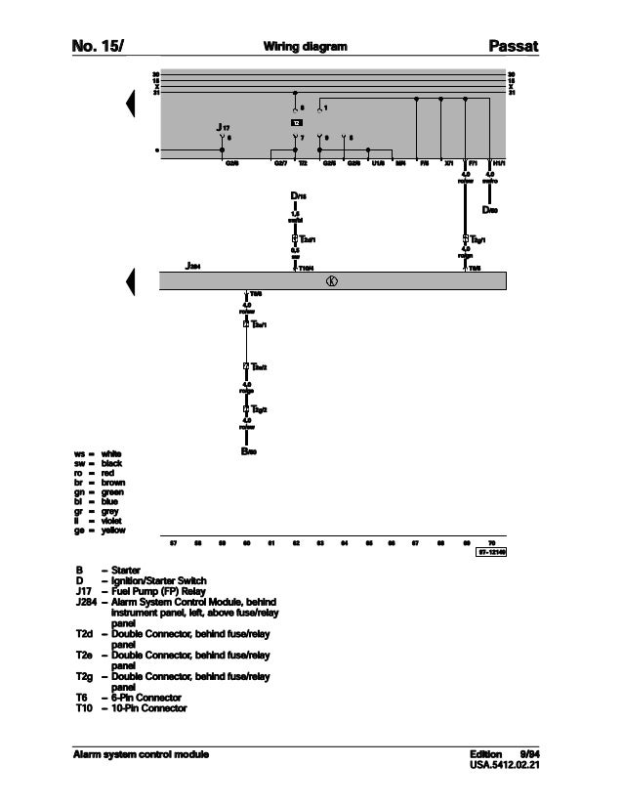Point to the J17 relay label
(224, 128)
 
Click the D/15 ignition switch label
(298, 197)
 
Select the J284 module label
(193, 265)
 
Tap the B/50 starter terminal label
(248, 451)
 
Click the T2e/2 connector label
(257, 366)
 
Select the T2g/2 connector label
(257, 408)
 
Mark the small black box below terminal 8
(296, 122)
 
